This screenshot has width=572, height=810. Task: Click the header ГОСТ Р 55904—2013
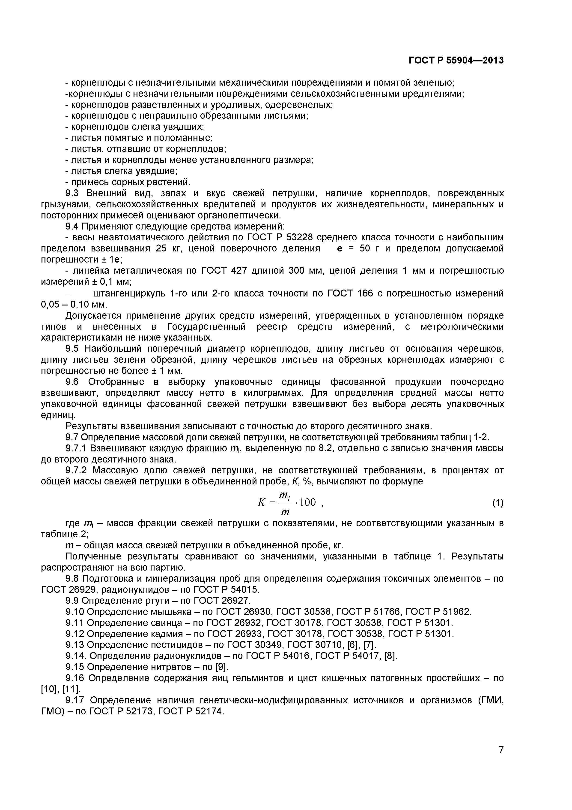[456, 61]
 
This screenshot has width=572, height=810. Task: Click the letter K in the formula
[261, 503]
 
